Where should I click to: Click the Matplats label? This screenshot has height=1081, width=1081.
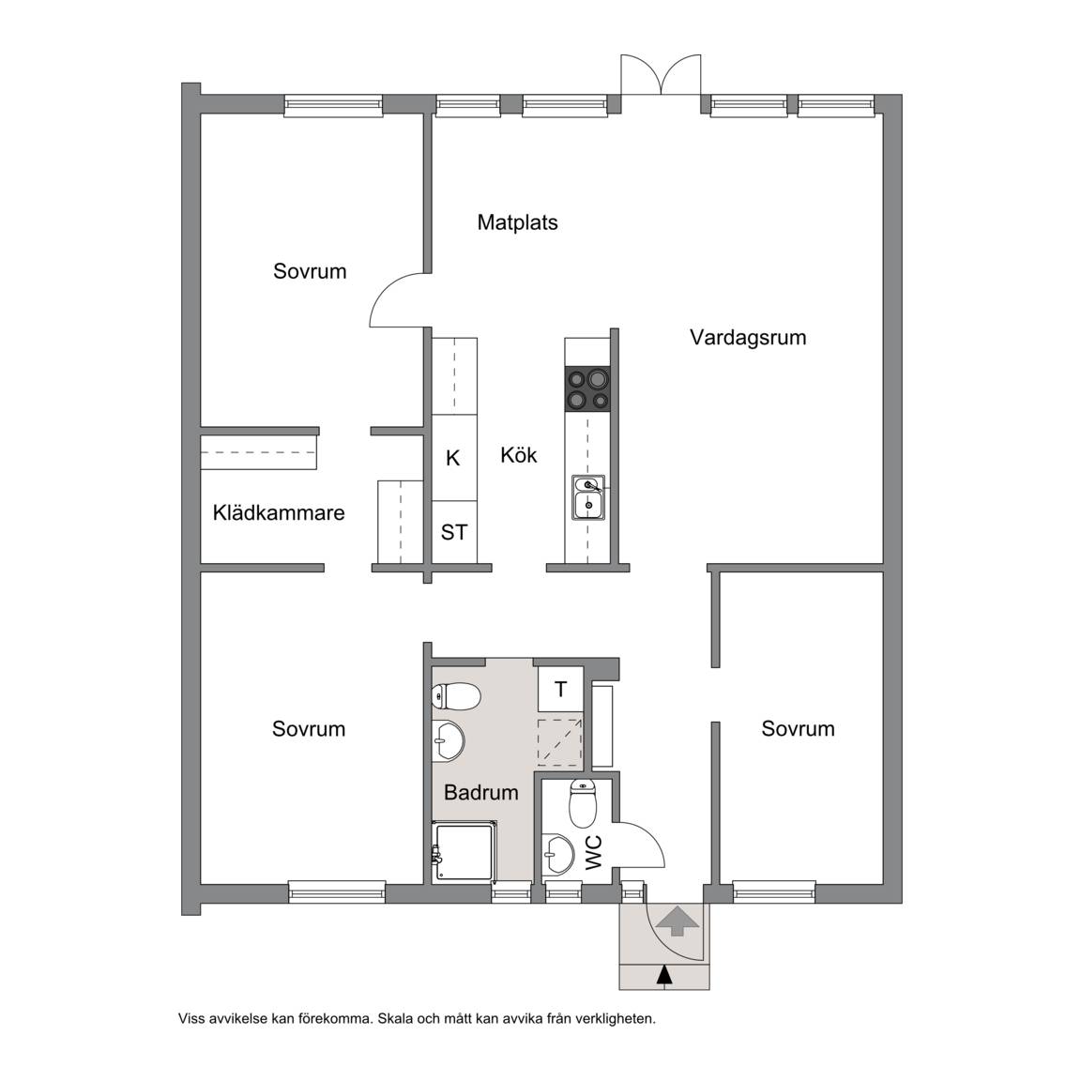click(x=517, y=222)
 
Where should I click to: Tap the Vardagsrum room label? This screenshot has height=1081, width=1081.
click(x=748, y=338)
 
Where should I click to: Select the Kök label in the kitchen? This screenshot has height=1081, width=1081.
click(x=518, y=455)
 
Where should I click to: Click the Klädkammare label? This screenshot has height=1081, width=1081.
click(x=279, y=513)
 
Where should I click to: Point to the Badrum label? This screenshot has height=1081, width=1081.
click(x=481, y=793)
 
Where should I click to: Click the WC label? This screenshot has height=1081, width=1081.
click(x=594, y=852)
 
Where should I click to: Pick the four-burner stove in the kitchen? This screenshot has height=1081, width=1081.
click(x=587, y=389)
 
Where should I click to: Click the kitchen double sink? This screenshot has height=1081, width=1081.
click(x=588, y=497)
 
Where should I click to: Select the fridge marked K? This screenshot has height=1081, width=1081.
click(x=454, y=458)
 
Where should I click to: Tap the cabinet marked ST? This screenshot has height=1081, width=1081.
click(x=454, y=532)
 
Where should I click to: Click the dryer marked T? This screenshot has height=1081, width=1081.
click(x=560, y=690)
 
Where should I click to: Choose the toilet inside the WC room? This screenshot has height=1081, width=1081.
click(x=583, y=803)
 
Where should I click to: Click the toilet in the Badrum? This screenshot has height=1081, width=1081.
click(x=456, y=696)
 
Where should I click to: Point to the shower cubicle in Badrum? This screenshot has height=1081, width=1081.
click(x=464, y=852)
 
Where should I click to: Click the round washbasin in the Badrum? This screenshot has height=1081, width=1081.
click(x=448, y=741)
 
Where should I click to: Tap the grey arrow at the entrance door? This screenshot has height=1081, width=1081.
click(x=676, y=921)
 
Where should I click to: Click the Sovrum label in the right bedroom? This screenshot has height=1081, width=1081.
click(x=798, y=729)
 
